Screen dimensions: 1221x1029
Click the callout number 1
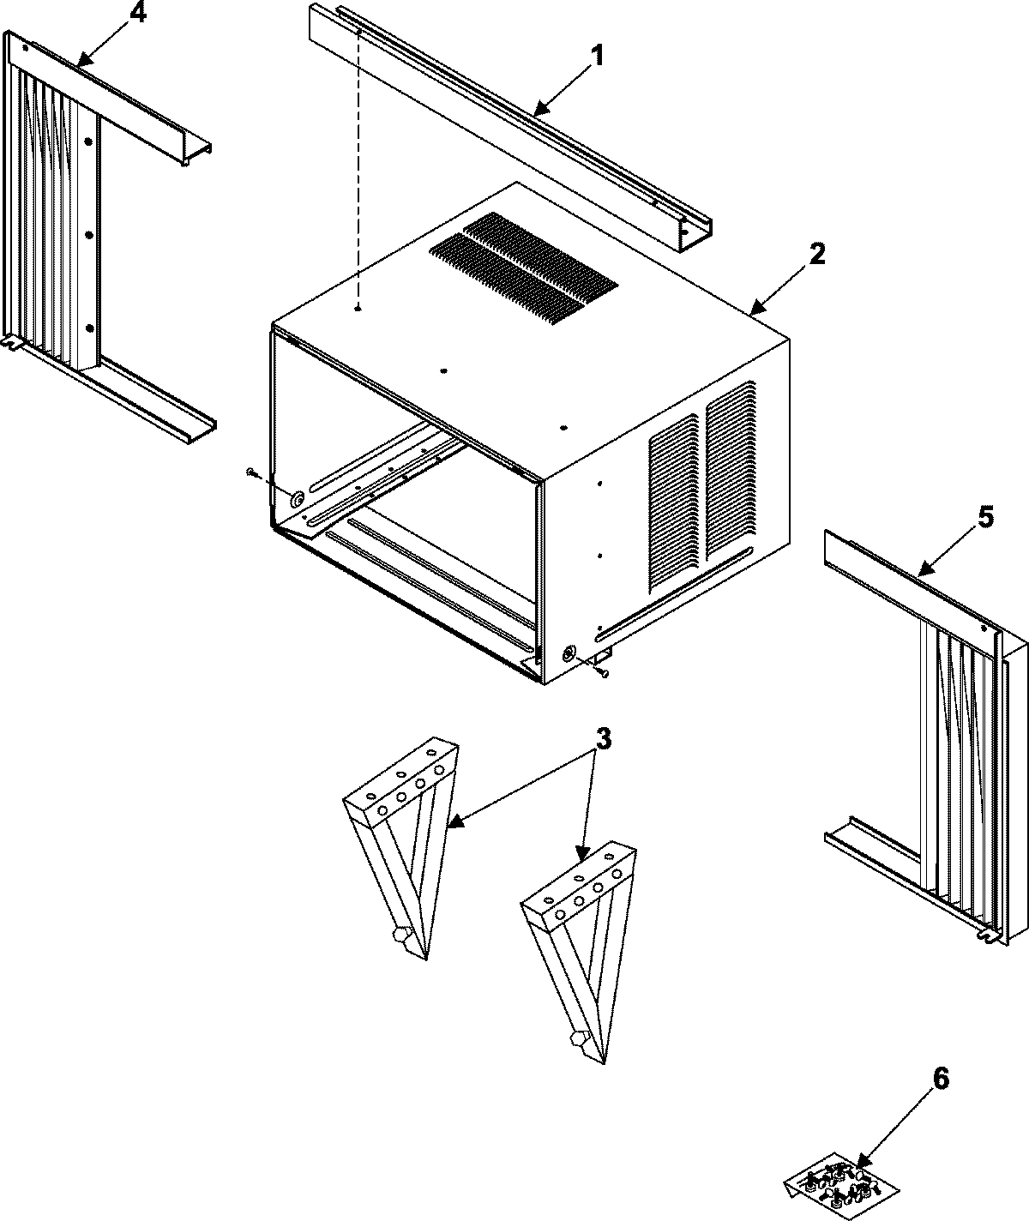click(598, 57)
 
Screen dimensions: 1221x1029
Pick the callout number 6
click(941, 1079)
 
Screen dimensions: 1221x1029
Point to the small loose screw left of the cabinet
click(251, 472)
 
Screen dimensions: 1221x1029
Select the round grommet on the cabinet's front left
click(297, 499)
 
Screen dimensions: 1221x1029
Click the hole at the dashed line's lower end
click(360, 308)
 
